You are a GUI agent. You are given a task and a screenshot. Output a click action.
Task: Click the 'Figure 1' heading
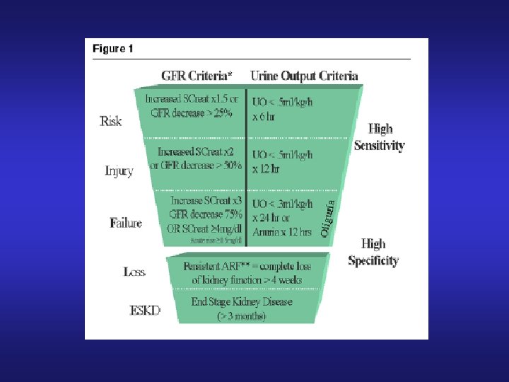[x=112, y=50]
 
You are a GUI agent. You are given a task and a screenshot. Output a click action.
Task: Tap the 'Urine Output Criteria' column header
[x=305, y=76]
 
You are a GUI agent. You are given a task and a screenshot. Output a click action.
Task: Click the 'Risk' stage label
[x=110, y=121]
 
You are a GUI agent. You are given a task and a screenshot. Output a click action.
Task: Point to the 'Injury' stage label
[x=119, y=170]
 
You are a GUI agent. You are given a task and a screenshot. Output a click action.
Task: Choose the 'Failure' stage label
[x=126, y=223]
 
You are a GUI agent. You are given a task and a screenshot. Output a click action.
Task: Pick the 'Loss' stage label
[x=134, y=272]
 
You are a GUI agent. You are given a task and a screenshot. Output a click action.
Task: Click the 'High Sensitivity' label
[x=380, y=137]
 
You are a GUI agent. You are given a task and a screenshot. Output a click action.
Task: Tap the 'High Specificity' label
[x=373, y=252]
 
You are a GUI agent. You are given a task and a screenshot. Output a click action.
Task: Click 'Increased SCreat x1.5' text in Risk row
[x=192, y=98]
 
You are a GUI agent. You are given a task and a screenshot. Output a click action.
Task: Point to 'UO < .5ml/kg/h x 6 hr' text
[x=283, y=108]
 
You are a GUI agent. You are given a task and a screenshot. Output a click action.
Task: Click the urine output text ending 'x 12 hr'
[x=283, y=161]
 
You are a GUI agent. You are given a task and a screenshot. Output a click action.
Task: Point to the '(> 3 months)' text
[x=241, y=316]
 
